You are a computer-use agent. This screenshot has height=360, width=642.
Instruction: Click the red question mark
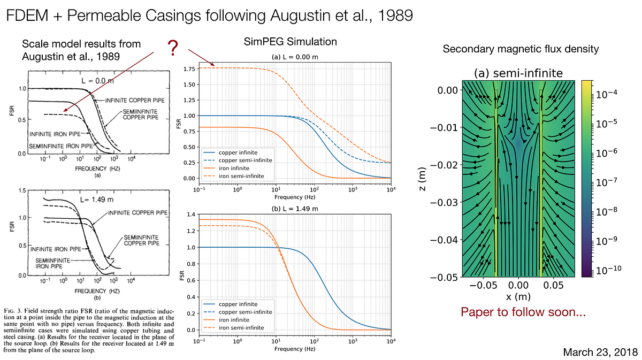[173, 49]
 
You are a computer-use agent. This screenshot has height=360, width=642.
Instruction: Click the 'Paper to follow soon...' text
[523, 312]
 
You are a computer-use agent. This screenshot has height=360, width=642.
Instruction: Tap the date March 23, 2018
[600, 352]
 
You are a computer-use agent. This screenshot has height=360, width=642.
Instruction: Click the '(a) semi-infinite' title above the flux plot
[518, 73]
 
